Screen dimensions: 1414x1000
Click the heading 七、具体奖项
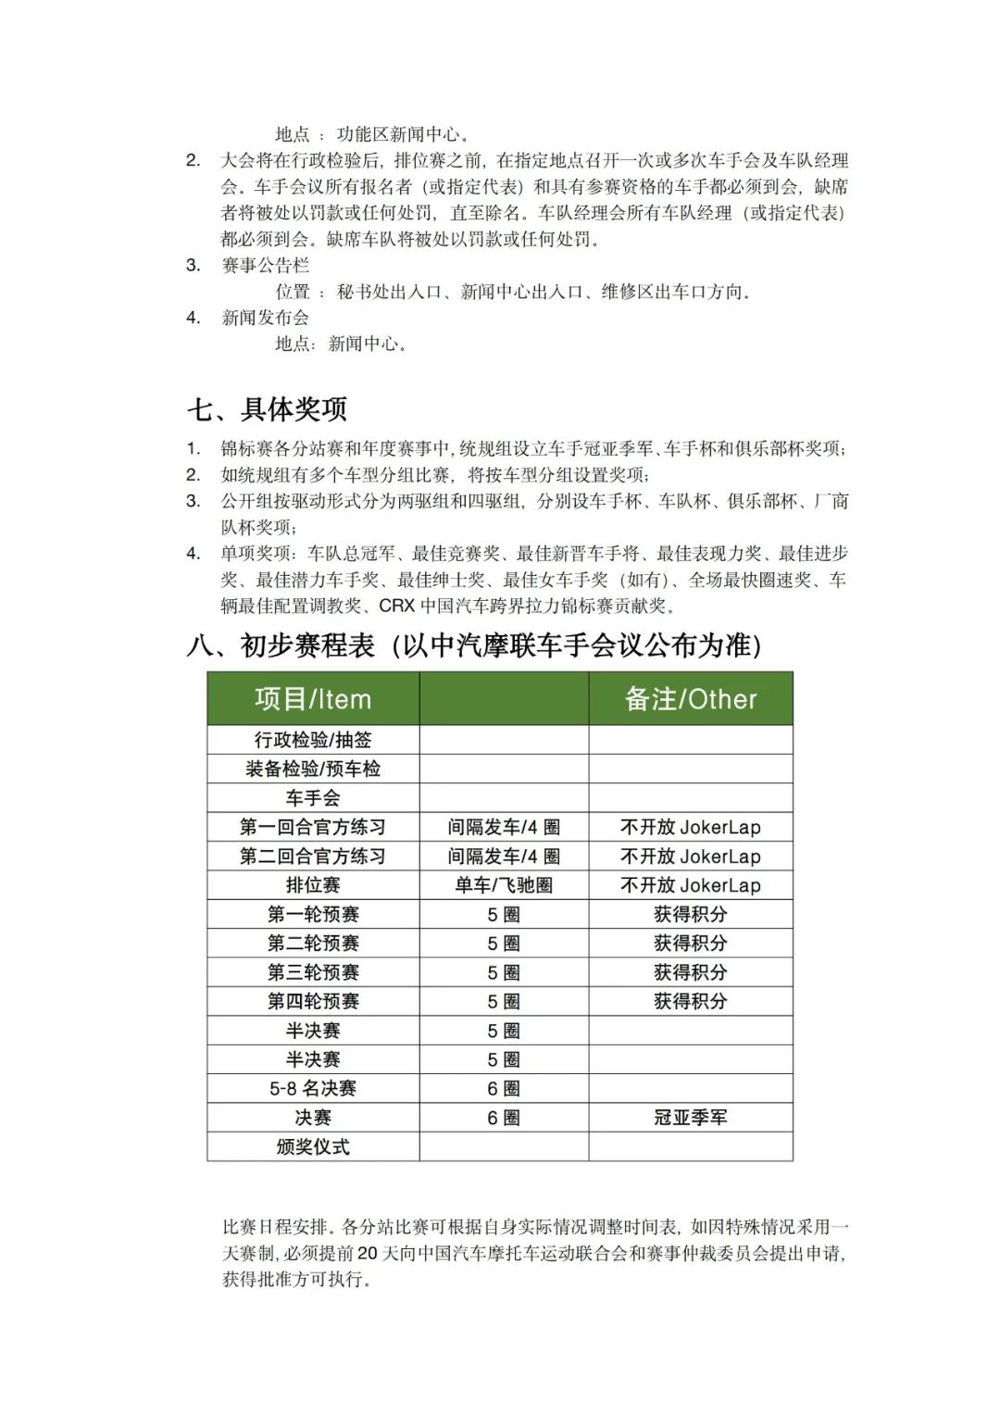click(x=268, y=408)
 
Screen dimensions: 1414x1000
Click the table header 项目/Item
click(x=313, y=699)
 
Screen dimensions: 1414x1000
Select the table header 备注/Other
click(x=691, y=699)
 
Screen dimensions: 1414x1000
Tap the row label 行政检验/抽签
click(x=313, y=740)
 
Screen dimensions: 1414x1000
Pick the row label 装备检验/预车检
click(x=313, y=769)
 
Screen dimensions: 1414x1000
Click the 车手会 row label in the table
click(x=313, y=798)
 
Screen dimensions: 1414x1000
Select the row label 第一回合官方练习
click(x=313, y=827)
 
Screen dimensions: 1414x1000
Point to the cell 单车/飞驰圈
click(x=504, y=885)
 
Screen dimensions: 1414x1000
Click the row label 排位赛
click(x=313, y=885)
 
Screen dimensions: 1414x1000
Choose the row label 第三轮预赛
click(x=313, y=972)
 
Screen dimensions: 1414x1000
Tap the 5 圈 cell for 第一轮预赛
click(x=504, y=915)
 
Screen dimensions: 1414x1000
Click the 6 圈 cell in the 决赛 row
click(x=504, y=1118)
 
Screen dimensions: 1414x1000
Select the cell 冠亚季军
click(x=691, y=1118)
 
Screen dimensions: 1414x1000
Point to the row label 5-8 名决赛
click(x=313, y=1089)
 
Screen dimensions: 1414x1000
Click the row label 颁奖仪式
click(x=313, y=1146)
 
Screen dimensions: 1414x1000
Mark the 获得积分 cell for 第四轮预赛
click(x=691, y=1001)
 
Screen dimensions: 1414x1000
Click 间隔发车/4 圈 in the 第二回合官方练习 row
click(x=504, y=857)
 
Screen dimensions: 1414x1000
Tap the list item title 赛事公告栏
click(x=265, y=266)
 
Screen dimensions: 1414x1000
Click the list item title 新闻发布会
click(x=265, y=318)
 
